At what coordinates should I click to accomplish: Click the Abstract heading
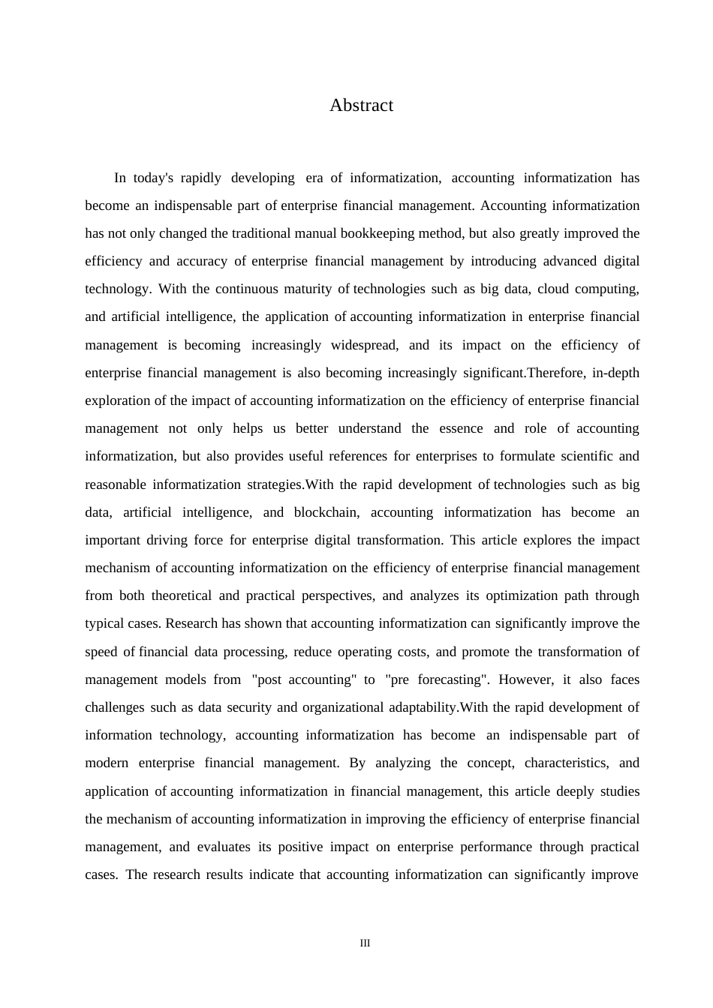click(361, 106)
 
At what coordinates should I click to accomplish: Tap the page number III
click(365, 943)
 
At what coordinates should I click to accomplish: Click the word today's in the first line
click(154, 178)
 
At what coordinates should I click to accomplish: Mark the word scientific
click(583, 457)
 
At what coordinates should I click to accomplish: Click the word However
click(524, 680)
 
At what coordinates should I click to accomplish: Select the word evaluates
click(224, 847)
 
